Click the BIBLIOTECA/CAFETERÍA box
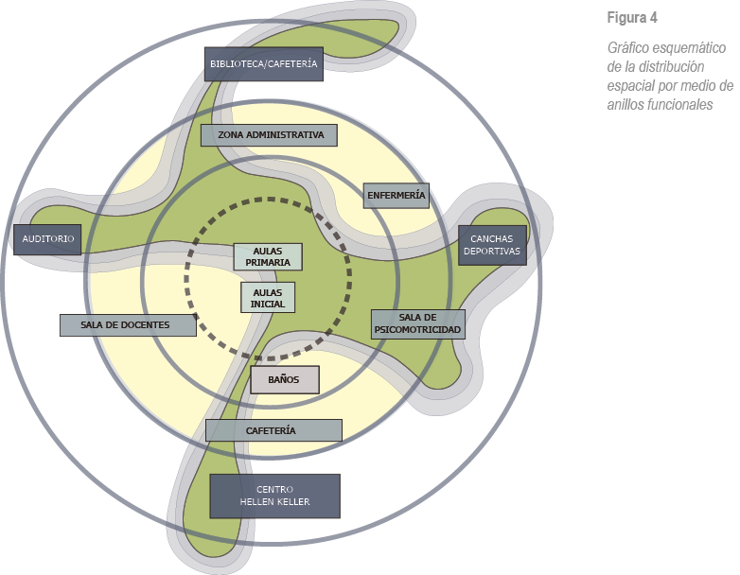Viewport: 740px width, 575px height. [264, 64]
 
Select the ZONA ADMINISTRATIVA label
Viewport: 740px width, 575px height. [270, 135]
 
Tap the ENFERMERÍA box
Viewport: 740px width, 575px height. [396, 196]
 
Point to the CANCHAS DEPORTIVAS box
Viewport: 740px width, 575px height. [492, 246]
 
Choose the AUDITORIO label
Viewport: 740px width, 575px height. [48, 239]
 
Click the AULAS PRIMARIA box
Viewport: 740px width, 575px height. [268, 256]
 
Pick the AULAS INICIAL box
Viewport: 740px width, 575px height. [268, 297]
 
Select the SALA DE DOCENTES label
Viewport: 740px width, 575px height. [127, 324]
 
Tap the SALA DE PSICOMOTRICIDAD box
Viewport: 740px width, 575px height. [417, 323]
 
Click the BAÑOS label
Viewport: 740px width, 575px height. [284, 379]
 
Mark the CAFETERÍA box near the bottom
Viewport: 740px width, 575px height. [273, 430]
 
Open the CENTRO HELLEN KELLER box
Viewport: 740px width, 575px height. [274, 496]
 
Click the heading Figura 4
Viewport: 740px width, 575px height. [631, 18]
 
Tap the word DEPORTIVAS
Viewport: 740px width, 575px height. [492, 253]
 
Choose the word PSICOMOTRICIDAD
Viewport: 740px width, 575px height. [417, 330]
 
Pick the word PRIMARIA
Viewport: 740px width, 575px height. [268, 262]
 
